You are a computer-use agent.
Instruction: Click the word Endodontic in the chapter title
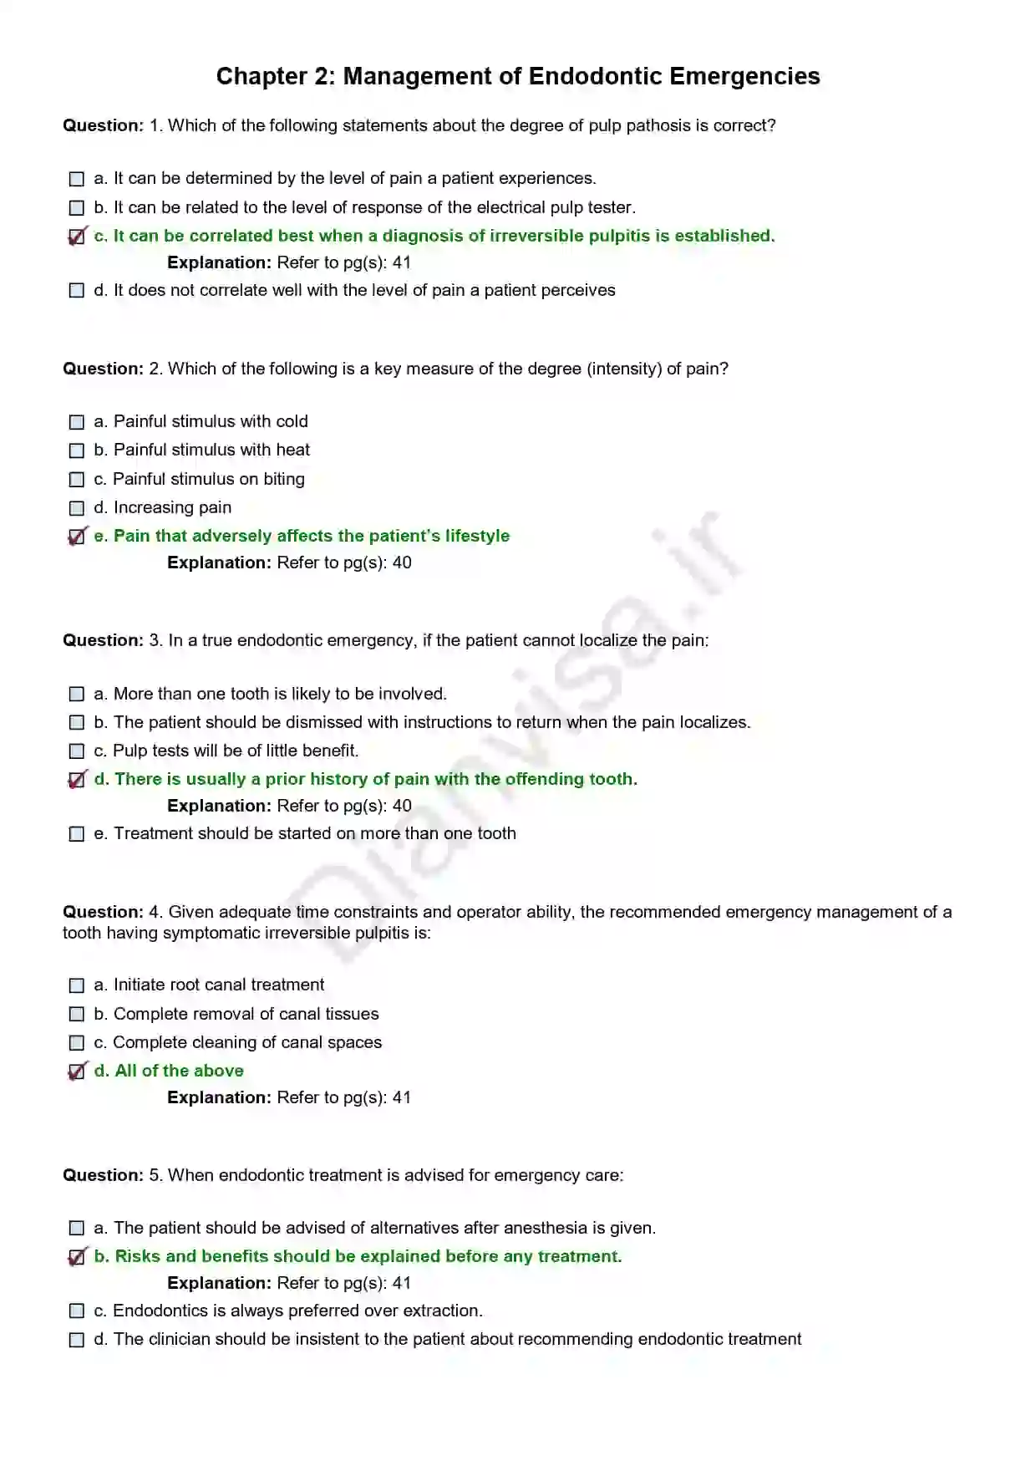click(595, 76)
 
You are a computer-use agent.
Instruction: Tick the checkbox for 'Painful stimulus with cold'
click(77, 422)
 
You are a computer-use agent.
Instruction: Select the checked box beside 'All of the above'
click(77, 1072)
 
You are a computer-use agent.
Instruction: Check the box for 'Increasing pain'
click(77, 508)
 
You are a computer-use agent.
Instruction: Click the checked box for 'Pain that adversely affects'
click(77, 537)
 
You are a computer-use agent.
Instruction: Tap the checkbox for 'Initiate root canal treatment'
click(77, 986)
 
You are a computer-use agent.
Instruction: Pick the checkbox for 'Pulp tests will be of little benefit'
click(77, 751)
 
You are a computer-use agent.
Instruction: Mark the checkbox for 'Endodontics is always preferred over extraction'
click(77, 1311)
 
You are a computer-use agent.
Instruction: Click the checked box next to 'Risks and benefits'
click(77, 1257)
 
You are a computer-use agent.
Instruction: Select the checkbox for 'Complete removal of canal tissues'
click(77, 1015)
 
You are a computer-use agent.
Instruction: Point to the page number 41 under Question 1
click(402, 262)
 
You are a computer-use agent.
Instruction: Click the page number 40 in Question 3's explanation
click(402, 806)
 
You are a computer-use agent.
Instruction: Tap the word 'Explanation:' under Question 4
click(219, 1097)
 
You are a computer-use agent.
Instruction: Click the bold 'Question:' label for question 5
click(103, 1175)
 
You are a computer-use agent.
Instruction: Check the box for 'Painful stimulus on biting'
click(77, 480)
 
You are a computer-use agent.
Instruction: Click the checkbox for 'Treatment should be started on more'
click(77, 834)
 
